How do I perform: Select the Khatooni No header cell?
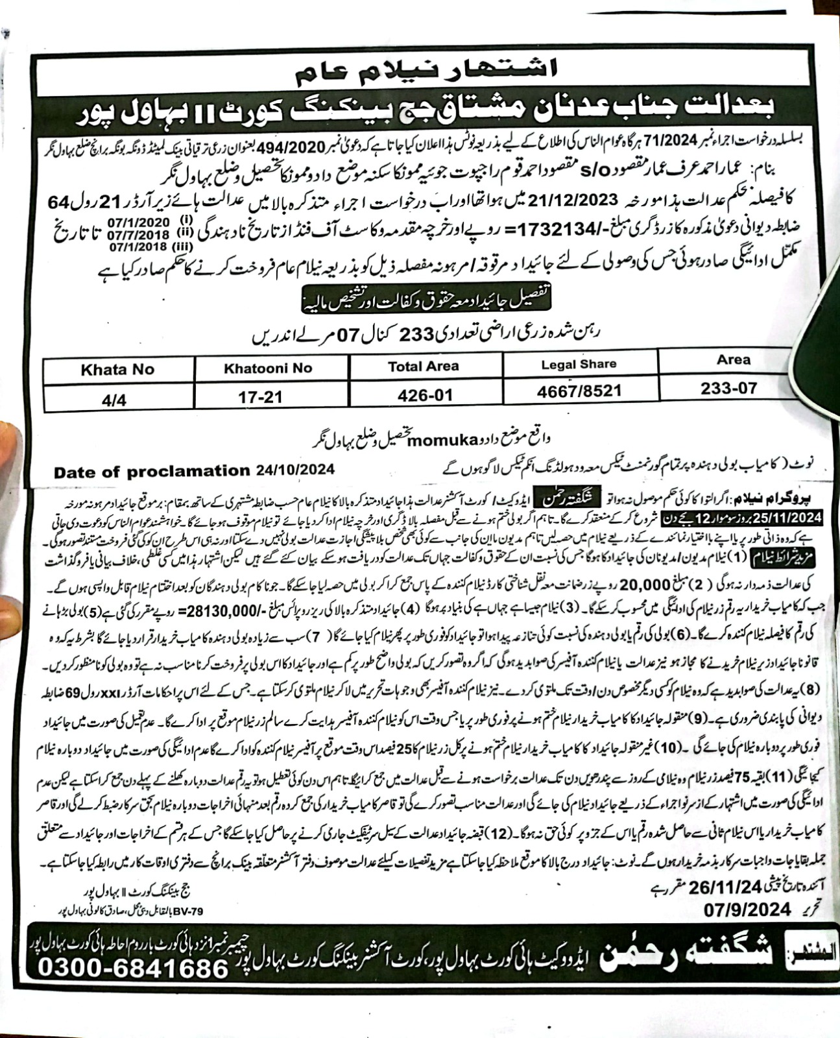coord(268,368)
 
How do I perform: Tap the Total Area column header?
coord(423,367)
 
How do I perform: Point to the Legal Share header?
coord(579,364)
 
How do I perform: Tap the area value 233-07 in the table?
coord(729,388)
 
